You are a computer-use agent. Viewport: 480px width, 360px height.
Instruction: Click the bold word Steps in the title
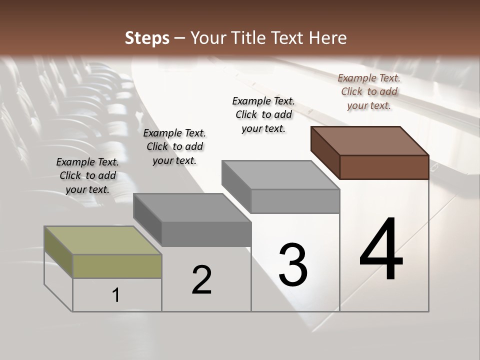pyautogui.click(x=147, y=38)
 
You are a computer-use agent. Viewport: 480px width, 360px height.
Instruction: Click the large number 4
pyautogui.click(x=381, y=250)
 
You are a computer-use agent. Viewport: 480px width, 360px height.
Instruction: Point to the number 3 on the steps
pyautogui.click(x=293, y=265)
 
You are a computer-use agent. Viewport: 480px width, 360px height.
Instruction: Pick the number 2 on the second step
pyautogui.click(x=201, y=280)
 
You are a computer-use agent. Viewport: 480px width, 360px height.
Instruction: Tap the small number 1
pyautogui.click(x=116, y=295)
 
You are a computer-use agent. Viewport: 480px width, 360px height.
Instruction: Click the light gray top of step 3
pyautogui.click(x=280, y=175)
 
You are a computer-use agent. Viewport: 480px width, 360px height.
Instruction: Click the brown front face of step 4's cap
pyautogui.click(x=384, y=167)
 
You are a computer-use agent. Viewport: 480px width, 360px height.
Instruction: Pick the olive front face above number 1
pyautogui.click(x=117, y=266)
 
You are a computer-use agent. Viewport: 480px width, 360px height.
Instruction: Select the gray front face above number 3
pyautogui.click(x=295, y=201)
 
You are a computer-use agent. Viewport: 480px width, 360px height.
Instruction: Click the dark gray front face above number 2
pyautogui.click(x=206, y=234)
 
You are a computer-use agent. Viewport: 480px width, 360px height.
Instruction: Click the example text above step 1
pyautogui.click(x=87, y=175)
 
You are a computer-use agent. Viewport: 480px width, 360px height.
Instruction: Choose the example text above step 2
pyautogui.click(x=174, y=146)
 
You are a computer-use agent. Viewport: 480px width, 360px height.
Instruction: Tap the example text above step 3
pyautogui.click(x=263, y=114)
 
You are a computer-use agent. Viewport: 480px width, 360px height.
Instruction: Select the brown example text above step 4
pyautogui.click(x=369, y=91)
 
